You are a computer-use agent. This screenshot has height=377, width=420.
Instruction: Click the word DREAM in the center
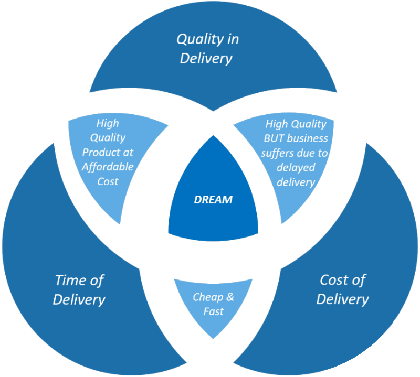[x=213, y=200]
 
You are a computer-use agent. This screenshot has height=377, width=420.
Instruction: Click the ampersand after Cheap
[x=229, y=297]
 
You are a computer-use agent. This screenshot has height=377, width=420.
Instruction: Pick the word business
[x=309, y=139]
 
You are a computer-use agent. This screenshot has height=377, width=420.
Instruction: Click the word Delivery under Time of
[x=79, y=299]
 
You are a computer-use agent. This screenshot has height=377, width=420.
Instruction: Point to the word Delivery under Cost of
[x=342, y=299]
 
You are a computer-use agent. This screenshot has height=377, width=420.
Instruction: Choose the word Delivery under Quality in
[x=206, y=58]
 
